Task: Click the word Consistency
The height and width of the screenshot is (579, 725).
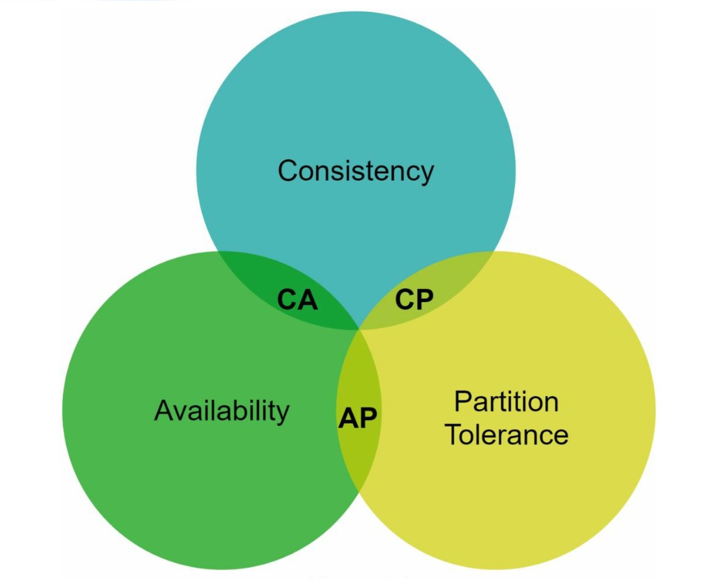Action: tap(356, 171)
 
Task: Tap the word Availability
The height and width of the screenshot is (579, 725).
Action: tap(222, 410)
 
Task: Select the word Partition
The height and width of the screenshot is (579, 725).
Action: tap(506, 402)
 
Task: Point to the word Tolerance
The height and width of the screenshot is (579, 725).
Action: tap(507, 435)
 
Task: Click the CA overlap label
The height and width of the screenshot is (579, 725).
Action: tap(297, 300)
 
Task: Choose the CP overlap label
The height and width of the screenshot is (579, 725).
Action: tap(414, 300)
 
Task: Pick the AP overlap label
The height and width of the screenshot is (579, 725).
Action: tap(358, 418)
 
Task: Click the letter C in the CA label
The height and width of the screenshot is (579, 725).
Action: tap(287, 300)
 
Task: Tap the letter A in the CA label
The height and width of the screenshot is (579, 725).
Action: tap(307, 300)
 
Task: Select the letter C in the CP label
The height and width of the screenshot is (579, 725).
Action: tap(404, 300)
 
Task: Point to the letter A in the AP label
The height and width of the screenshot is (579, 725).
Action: tap(348, 418)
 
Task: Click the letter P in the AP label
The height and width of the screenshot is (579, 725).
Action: tap(368, 418)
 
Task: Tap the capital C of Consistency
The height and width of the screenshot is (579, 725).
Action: tap(288, 171)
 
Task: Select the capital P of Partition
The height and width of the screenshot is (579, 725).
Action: tap(463, 402)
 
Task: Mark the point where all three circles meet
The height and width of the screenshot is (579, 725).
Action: tap(359, 329)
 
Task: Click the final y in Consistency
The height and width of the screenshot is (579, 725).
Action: tap(427, 174)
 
